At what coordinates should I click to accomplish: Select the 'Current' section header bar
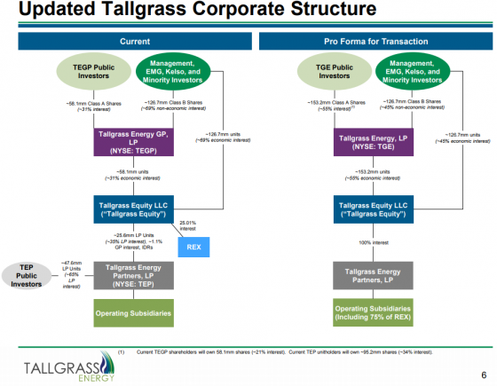pyautogui.click(x=126, y=41)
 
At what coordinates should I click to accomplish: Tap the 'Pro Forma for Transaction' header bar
pyautogui.click(x=368, y=41)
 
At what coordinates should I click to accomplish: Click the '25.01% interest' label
pyautogui.click(x=189, y=226)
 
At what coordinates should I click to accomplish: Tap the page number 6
pyautogui.click(x=482, y=374)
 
